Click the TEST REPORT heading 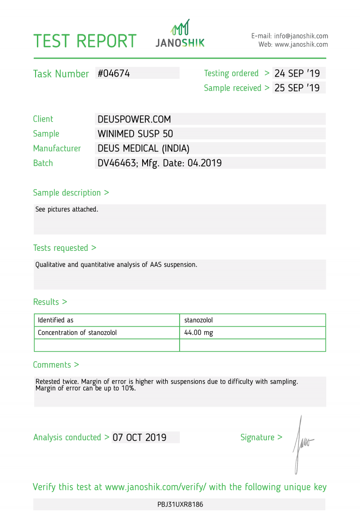coord(85,41)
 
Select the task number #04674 coord(114,73)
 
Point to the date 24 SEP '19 coord(297,73)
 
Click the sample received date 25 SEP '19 coord(297,88)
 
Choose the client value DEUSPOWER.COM coord(134,119)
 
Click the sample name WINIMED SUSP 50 coord(135,134)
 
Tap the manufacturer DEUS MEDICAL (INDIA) coord(143,148)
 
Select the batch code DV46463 coord(117,163)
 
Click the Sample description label coord(67,193)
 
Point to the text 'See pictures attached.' coord(67,209)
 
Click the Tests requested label coord(61,248)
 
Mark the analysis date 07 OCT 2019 coord(139,437)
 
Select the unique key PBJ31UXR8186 coord(180,504)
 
